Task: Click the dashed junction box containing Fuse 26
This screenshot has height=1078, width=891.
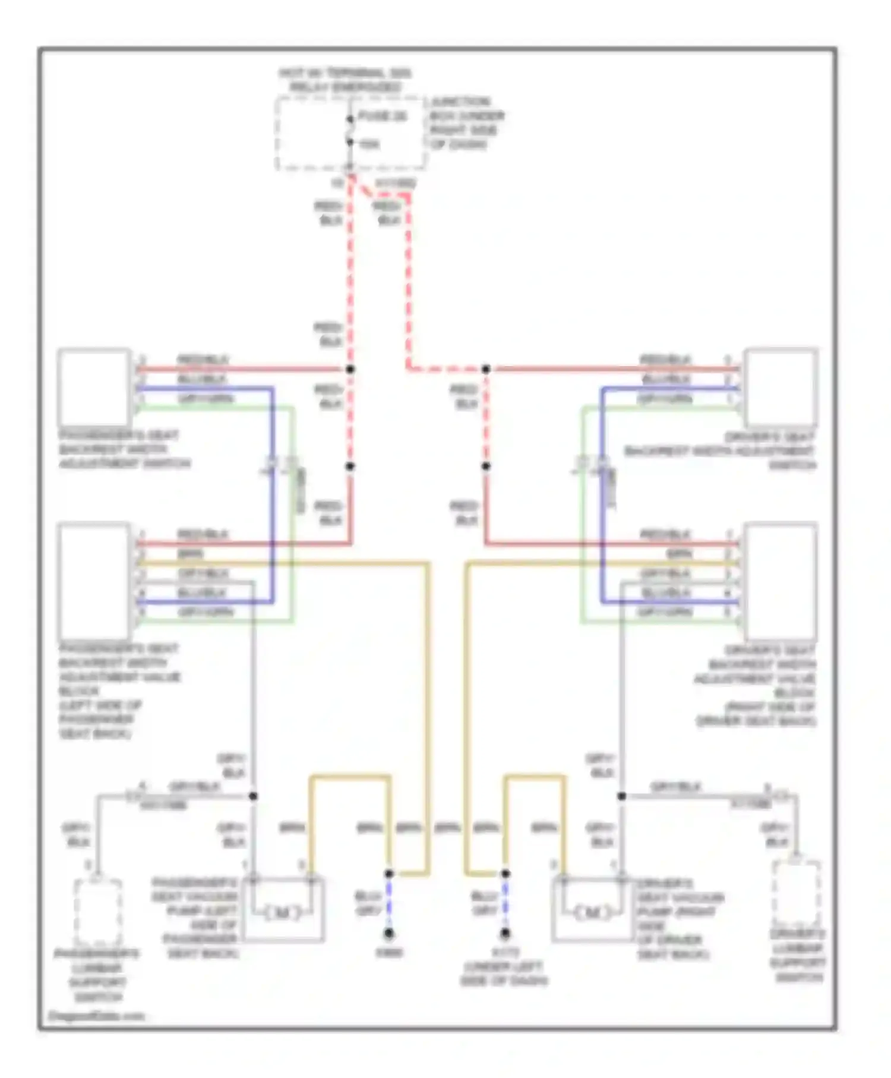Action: (350, 133)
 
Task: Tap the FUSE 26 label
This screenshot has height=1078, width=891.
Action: (383, 116)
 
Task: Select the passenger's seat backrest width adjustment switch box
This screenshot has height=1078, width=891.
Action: (94, 387)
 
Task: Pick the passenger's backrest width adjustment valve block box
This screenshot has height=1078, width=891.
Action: (94, 581)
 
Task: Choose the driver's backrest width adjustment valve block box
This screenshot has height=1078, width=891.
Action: (781, 581)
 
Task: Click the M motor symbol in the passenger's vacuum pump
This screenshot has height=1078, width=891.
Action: (282, 912)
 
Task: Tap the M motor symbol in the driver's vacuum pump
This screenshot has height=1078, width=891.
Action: (593, 912)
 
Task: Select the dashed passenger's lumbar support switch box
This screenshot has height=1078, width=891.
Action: (98, 912)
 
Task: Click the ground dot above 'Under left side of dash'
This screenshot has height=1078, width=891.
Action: (505, 934)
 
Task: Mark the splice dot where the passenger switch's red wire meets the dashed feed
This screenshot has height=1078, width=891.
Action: (350, 369)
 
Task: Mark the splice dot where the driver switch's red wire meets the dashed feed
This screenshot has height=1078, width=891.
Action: (486, 369)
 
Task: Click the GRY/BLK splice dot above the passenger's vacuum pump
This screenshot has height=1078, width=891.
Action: (253, 796)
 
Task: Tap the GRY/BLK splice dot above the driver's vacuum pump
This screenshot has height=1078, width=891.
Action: (621, 796)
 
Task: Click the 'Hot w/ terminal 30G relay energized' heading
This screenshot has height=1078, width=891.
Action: (345, 80)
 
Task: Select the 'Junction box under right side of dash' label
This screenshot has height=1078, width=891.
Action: (467, 123)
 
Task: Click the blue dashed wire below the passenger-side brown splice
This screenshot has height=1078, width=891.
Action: (388, 903)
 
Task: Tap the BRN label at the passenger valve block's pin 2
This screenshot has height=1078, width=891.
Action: (191, 554)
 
